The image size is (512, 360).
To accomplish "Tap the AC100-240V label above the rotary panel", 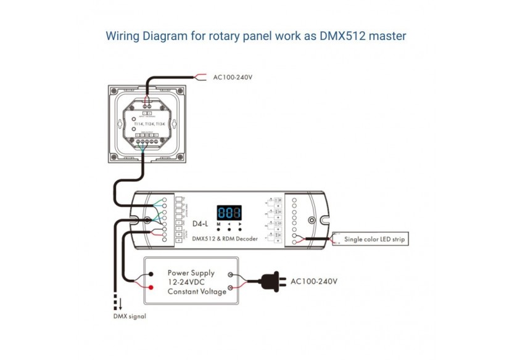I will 233,78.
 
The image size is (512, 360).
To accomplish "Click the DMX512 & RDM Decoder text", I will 225,239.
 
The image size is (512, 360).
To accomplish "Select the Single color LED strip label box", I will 375,239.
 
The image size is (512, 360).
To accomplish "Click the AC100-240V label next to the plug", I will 314,281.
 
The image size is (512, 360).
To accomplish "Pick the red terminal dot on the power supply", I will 151,288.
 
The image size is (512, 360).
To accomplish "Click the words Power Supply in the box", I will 191,272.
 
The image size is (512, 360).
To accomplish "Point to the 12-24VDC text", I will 188,282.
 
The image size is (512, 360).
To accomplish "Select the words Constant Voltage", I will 197,292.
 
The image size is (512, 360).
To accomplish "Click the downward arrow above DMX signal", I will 121,304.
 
